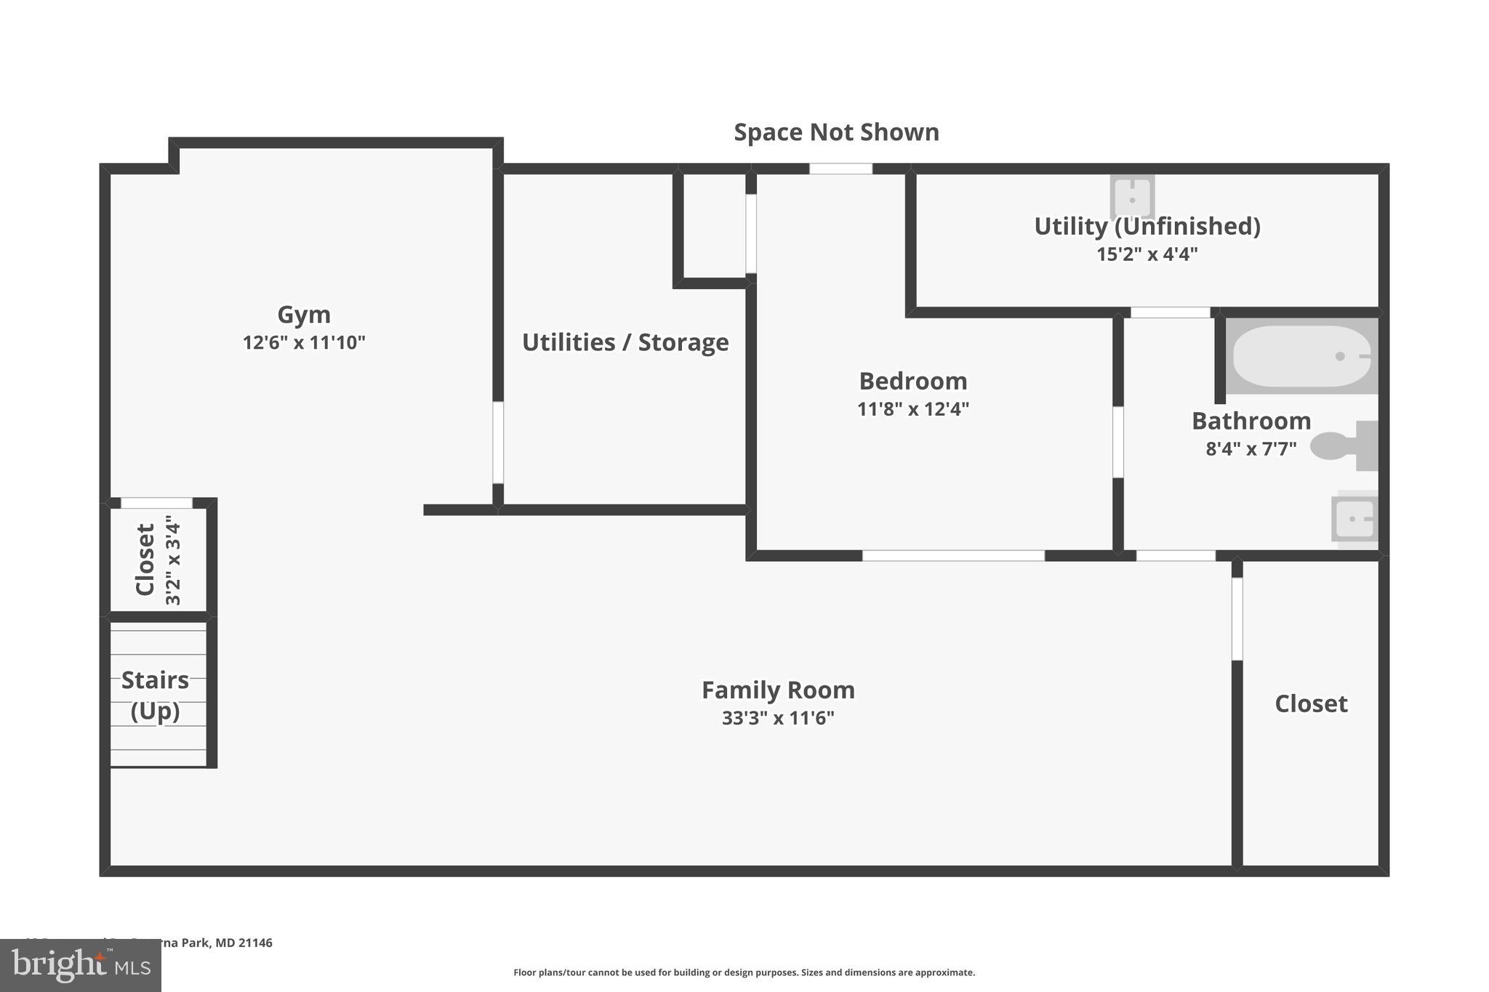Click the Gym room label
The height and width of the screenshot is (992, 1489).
[x=304, y=315]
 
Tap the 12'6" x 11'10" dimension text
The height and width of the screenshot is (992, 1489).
[x=304, y=342]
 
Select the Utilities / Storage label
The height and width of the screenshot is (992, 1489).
[x=625, y=342]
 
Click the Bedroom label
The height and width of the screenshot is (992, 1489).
[x=913, y=381]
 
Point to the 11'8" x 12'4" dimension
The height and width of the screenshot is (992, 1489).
[x=913, y=409]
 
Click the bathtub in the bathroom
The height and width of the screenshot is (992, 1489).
[x=1301, y=356]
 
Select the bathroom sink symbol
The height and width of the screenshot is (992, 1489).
[x=1354, y=519]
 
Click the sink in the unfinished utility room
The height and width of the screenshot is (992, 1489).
[x=1132, y=196]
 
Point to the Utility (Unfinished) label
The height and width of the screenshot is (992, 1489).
[x=1147, y=226]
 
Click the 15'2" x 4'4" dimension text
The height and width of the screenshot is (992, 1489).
[x=1147, y=254]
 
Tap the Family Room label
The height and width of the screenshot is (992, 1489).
[x=778, y=690]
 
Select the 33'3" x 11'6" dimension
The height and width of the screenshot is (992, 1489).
[x=778, y=718]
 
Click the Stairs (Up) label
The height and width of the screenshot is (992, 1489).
[x=155, y=695]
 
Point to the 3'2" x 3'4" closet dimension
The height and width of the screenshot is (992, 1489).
[x=173, y=560]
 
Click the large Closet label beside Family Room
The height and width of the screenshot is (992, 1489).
[x=1311, y=703]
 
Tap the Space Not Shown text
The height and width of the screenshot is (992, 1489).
[x=836, y=132]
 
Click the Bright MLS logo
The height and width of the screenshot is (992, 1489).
[x=81, y=965]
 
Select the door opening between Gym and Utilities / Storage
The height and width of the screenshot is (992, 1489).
[x=498, y=443]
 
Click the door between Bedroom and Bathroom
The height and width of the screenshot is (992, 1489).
[x=1118, y=442]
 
